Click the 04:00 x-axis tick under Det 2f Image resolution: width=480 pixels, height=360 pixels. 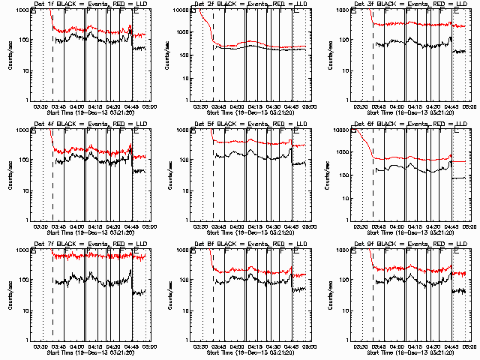pos(238,106)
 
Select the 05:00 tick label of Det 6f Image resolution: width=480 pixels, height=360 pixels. pos(470,226)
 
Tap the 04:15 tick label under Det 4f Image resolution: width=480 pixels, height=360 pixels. pos(95,226)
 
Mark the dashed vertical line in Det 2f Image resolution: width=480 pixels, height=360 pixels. pos(213,52)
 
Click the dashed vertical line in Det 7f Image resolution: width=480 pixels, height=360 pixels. pos(52,292)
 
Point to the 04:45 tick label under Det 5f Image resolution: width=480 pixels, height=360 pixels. pos(292,226)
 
